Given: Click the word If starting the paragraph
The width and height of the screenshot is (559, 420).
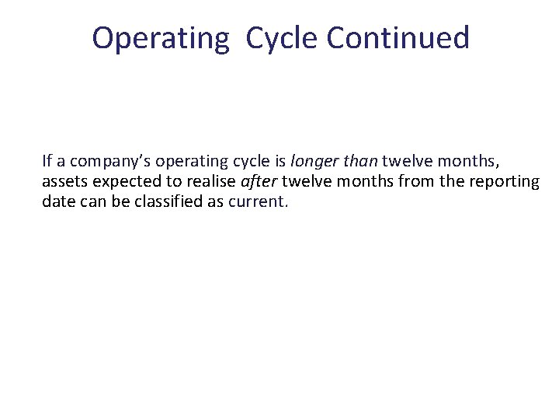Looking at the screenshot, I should point(47,162).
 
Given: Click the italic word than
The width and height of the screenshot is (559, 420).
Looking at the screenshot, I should point(358,162).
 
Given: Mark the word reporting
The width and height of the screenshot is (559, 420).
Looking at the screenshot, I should point(509,182).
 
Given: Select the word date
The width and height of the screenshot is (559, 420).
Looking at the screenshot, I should point(58,202).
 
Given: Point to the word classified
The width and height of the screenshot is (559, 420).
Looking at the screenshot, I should point(175,202).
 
